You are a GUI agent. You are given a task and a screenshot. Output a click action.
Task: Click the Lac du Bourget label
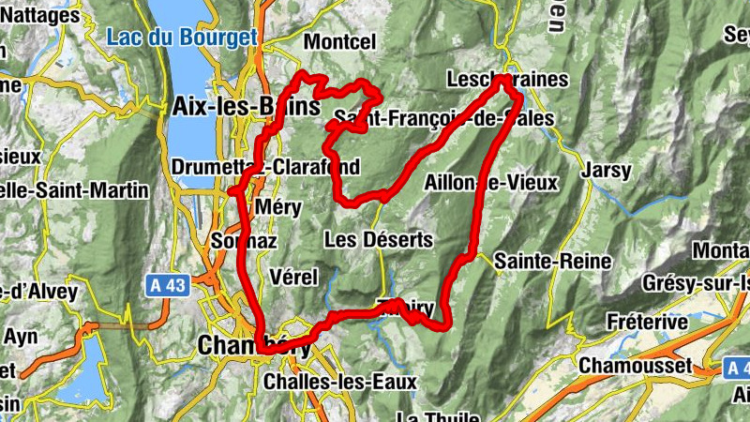coord(181,38)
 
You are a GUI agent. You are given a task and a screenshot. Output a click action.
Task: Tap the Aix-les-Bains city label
coord(246,106)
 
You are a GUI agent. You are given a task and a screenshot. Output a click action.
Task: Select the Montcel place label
coord(339,42)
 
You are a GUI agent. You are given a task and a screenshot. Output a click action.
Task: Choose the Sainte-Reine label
coord(553,261)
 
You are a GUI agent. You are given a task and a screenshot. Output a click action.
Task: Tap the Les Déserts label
coord(378,240)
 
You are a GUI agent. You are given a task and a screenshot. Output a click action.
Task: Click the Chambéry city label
coord(254,346)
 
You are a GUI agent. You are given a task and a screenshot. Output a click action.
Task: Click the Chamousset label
coord(636,364)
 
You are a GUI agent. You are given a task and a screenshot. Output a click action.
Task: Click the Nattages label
coord(39,15)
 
